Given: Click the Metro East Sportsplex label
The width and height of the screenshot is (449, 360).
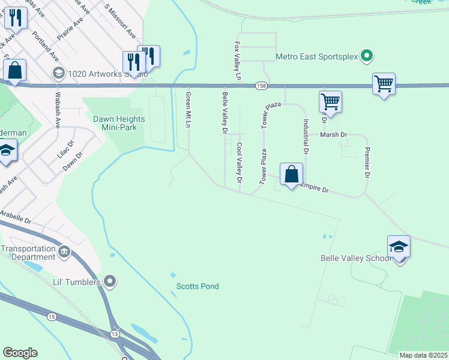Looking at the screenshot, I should [316, 57].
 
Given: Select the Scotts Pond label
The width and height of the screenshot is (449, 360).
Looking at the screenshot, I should [197, 286].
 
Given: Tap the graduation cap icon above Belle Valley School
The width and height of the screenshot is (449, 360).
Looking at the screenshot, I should [399, 247].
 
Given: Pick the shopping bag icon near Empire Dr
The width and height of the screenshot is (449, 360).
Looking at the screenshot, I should [291, 175].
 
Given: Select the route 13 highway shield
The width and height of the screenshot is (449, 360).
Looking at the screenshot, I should [115, 332].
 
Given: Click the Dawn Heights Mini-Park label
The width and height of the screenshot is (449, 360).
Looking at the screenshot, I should [115, 123].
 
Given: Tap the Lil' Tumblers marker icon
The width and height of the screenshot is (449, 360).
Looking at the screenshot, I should [109, 281].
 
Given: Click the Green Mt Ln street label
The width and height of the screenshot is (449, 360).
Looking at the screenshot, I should [188, 110].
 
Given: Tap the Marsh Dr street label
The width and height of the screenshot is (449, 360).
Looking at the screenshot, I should [334, 135].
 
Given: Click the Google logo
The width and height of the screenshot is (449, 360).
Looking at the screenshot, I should [20, 353].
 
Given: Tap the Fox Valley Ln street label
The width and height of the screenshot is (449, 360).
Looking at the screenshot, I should [237, 61].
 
